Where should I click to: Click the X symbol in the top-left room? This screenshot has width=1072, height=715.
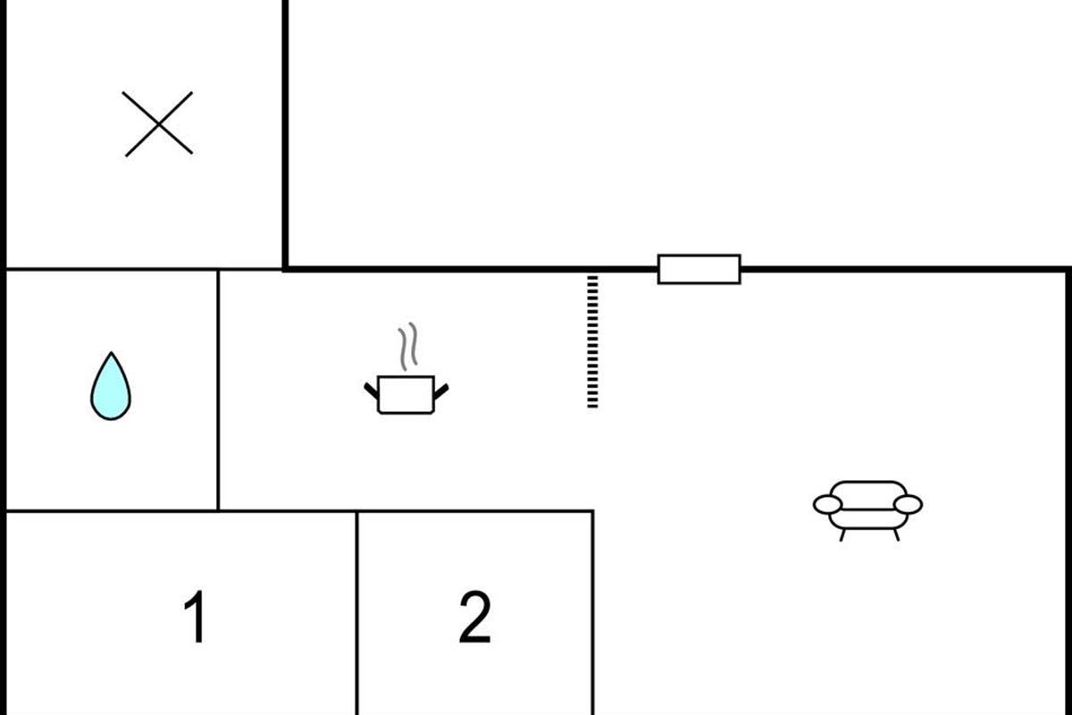coord(158,123)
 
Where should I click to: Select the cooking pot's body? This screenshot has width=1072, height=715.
coord(406,395)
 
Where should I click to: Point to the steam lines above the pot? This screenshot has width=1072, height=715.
coord(407,348)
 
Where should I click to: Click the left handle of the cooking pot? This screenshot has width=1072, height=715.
coord(371,389)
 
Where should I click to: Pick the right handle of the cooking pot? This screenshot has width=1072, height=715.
coord(440,389)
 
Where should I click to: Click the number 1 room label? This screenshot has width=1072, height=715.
coord(195,618)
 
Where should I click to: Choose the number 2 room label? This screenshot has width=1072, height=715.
coord(474,618)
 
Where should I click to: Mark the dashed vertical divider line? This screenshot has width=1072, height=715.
coord(592,341)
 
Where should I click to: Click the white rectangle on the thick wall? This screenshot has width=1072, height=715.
coord(699,269)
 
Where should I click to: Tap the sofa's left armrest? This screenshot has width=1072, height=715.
coord(827,505)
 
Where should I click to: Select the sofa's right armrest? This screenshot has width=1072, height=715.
coord(908,505)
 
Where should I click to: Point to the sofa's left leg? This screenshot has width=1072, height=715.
coord(842,534)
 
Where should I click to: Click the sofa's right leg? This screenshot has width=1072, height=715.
coord(895,534)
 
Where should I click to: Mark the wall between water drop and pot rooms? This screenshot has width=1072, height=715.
coord(218,389)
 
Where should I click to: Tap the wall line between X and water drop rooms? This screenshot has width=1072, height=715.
coord(143,269)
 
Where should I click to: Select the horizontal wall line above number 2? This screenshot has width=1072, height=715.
coord(474,511)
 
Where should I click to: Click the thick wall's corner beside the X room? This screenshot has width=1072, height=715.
coord(285,267)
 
